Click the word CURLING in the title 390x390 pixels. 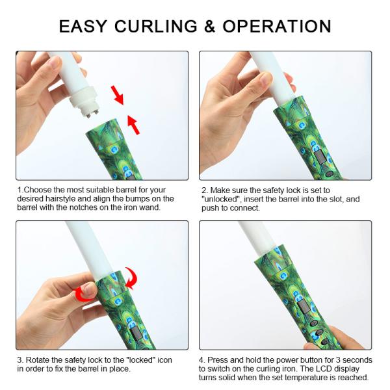click(156, 26)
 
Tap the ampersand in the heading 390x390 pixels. click(209, 26)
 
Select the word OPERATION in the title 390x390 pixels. click(277, 26)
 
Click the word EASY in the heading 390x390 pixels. click(83, 26)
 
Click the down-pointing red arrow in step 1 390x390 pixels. click(118, 95)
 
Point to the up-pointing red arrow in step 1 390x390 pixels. click(133, 125)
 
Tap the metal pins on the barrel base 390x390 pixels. click(92, 112)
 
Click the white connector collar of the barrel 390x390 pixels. click(83, 99)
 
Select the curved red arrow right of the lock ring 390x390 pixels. click(131, 278)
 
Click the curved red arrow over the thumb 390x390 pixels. click(82, 294)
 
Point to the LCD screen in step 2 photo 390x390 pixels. click(320, 157)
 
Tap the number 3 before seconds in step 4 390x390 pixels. click(338, 360)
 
